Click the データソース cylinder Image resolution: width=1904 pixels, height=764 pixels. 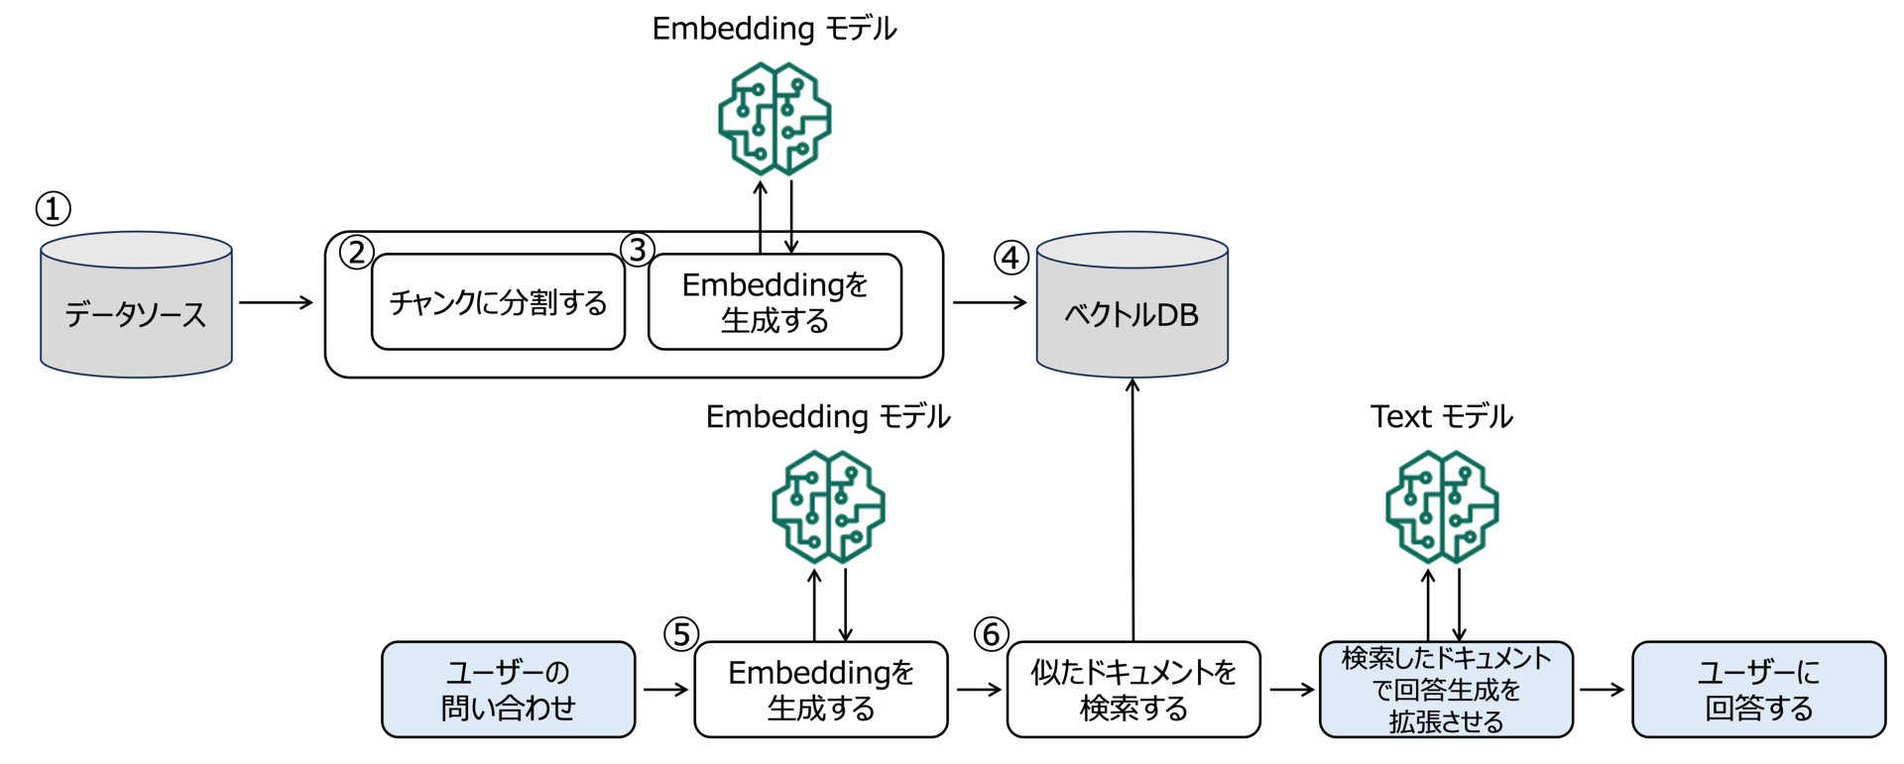pos(136,305)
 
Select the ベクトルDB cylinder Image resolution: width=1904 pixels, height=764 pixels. pos(1132,305)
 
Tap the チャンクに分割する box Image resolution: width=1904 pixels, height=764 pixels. pos(498,302)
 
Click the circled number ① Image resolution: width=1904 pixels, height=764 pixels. pos(54,209)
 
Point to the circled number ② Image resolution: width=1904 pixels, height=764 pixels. pos(357,252)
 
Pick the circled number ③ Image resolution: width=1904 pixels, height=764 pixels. pos(638,250)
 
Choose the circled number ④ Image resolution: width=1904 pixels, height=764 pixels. pos(1011,258)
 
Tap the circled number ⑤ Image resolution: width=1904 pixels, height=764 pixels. pos(681,634)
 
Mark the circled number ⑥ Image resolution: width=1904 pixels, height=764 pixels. pos(992,634)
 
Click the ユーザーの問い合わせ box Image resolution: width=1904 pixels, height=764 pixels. pos(509,690)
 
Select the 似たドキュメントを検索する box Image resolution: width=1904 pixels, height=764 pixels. pos(1133,690)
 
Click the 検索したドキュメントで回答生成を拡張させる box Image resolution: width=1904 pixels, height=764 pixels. pos(1446,690)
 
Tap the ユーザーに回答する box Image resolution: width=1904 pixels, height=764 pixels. pos(1759,690)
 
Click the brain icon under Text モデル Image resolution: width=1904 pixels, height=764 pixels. pos(1442,507)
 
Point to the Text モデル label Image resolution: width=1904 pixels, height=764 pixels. pos(1442,416)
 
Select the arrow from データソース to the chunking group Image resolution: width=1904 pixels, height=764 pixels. pos(277,302)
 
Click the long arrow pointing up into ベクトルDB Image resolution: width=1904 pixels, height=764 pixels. pos(1132,510)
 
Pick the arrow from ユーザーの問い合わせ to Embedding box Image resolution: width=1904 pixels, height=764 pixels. pos(666,690)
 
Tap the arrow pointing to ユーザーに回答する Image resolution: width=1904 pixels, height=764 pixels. pos(1603,690)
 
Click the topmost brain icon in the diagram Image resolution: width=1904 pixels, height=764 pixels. pos(774,119)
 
